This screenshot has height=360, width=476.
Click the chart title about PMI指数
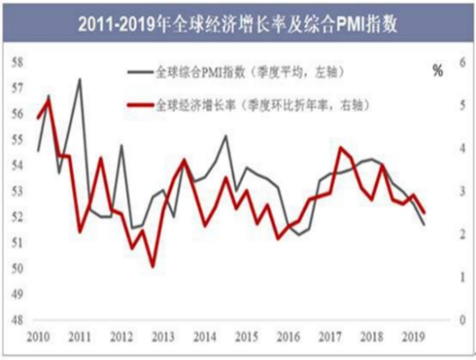click(x=237, y=23)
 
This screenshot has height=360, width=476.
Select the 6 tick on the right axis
click(x=452, y=62)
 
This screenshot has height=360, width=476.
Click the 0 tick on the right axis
click(x=452, y=321)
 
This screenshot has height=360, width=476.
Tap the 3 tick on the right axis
click(x=452, y=191)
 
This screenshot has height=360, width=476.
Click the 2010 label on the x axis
click(x=38, y=339)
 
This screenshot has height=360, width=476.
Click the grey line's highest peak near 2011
click(x=80, y=79)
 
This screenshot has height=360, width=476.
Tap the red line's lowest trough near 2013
click(x=152, y=265)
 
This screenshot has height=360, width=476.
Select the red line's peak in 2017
click(x=340, y=148)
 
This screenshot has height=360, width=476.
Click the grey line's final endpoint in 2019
click(x=424, y=225)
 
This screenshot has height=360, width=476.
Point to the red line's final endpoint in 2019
click(x=424, y=212)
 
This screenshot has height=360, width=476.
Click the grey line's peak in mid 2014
click(x=226, y=136)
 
